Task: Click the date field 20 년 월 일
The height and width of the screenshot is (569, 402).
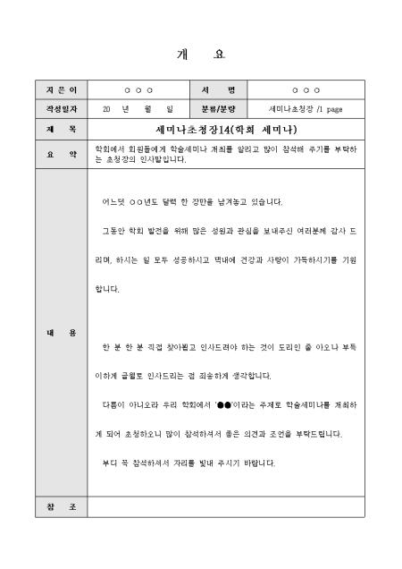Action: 138,109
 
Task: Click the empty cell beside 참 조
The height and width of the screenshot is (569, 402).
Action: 226,507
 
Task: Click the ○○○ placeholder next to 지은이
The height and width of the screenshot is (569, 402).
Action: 138,90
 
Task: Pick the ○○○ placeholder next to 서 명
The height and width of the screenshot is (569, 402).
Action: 306,90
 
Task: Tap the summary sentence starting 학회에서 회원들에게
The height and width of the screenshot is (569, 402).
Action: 226,155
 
